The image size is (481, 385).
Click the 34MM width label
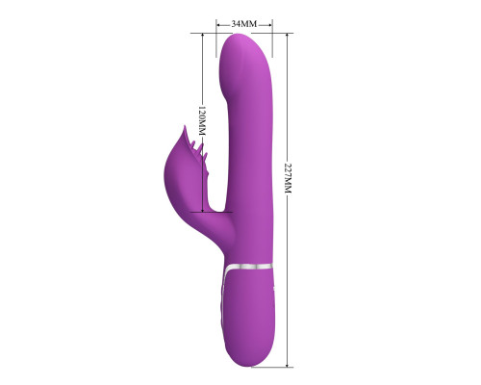pos(244,24)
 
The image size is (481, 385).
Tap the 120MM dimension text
pos(201,120)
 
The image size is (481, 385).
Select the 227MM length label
pos(288,178)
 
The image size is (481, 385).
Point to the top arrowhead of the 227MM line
pos(288,36)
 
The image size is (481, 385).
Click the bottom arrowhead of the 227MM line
pos(288,364)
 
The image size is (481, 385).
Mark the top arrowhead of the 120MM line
pos(203,36)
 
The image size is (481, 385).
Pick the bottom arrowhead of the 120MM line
pos(203,209)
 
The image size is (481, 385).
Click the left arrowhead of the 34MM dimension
pos(219,24)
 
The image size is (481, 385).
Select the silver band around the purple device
pos(248,267)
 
